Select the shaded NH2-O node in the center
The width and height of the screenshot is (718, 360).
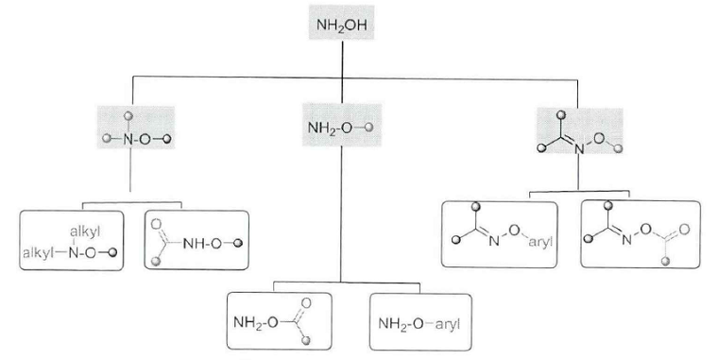tap(342, 126)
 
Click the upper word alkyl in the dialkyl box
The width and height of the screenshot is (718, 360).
tap(84, 231)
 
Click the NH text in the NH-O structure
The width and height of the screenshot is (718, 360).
tap(194, 243)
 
